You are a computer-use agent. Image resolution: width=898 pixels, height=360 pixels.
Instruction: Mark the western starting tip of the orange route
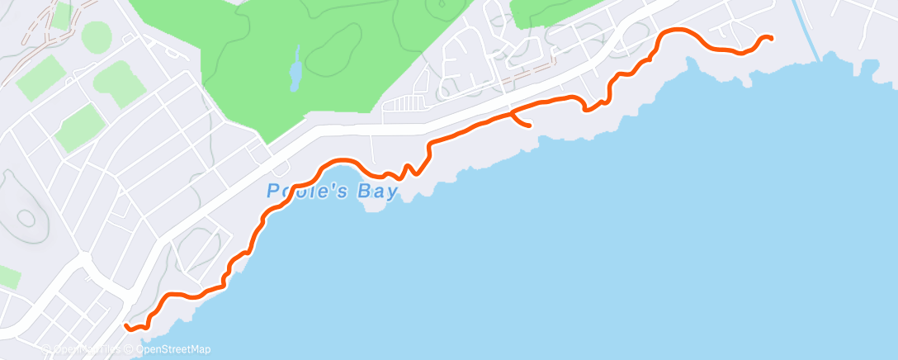point(126,326)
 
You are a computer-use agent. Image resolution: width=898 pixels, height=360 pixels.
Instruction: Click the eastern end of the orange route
point(770,38)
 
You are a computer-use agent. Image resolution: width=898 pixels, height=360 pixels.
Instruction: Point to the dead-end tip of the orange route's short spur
point(527,126)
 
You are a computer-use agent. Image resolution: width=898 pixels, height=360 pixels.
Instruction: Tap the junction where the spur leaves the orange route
point(513,111)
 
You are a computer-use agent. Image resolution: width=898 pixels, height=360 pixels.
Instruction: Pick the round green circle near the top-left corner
point(96,36)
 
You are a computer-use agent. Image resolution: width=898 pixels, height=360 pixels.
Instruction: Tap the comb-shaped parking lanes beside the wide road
point(405,104)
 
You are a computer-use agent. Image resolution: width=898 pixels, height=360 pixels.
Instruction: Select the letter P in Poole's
point(272,191)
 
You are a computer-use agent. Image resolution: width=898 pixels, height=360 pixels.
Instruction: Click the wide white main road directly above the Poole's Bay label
point(330,132)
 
